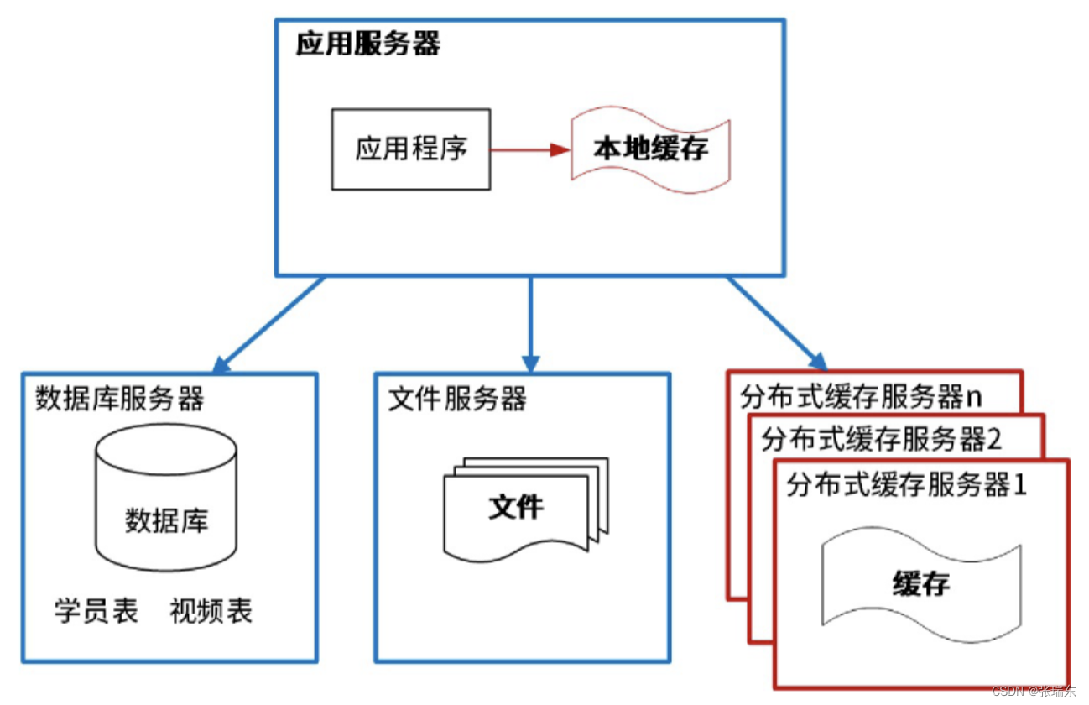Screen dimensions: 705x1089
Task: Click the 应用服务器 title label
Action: coord(367,44)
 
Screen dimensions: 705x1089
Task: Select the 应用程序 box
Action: coord(410,149)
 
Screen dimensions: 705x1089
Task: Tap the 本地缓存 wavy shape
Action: coord(650,149)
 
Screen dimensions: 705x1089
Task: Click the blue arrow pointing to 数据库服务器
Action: coord(268,325)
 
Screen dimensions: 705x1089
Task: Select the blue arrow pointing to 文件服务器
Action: coord(530,323)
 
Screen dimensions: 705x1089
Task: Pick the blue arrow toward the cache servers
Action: coord(776,323)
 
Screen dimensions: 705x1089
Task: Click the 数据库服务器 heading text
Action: coord(119,399)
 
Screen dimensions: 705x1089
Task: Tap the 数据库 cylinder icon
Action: coord(166,499)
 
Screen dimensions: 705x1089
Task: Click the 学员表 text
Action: coord(96,611)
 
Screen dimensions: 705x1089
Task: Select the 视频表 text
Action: coord(211,611)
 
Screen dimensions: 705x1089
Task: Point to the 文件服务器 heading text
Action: coord(457,399)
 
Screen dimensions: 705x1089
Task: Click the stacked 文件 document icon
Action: coord(524,509)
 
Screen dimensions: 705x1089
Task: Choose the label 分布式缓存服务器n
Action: coord(861,396)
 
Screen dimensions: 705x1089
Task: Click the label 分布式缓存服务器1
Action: coord(906,485)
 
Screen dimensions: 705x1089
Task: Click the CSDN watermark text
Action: coord(1033,692)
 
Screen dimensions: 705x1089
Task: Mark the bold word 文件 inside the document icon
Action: coord(516,508)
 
